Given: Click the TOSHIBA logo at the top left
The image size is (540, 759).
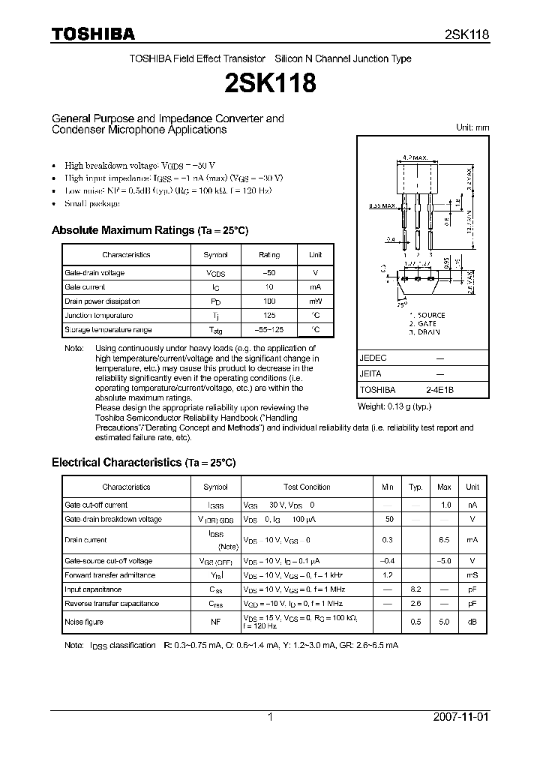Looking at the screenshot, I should point(93,34).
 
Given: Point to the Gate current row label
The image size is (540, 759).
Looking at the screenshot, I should point(85,287).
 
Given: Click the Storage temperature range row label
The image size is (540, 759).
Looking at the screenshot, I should point(108,330).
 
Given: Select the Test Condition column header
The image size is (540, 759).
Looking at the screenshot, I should point(307,487).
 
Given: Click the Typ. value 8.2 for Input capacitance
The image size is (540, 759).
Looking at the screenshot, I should point(415,590).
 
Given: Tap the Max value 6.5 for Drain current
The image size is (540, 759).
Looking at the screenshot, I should point(444,540).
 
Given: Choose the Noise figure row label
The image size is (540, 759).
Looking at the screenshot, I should point(84,622).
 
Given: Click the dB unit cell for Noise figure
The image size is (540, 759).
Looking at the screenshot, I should point(472,622).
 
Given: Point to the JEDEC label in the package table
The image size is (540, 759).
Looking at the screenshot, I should point(373,358).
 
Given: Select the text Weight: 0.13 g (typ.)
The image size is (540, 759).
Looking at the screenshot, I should point(395,406).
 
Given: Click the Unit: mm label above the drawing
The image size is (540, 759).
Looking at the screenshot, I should point(472,127).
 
